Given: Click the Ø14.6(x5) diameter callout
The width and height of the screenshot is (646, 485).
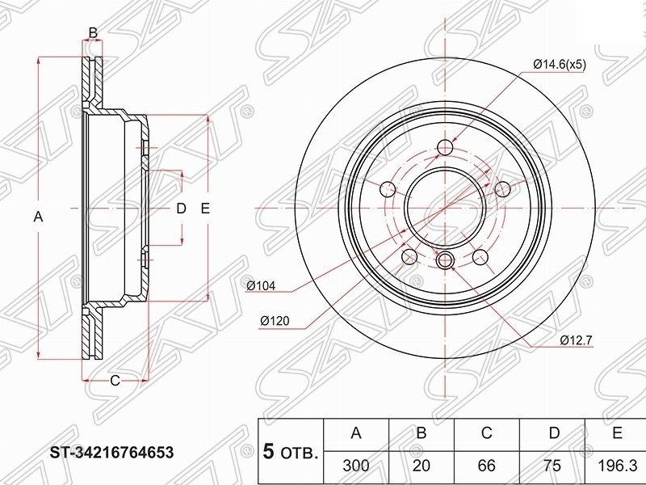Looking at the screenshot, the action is pos(559,65).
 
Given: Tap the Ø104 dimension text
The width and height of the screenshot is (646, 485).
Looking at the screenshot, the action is pos(261,285).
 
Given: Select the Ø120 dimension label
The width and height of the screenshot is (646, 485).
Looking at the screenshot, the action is pos(275,320).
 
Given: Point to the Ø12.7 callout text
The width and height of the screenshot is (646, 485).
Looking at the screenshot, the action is pos(576,340).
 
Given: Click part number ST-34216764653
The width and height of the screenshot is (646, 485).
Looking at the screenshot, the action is pos(112,453).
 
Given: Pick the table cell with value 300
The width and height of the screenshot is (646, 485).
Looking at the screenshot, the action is pos(356,466).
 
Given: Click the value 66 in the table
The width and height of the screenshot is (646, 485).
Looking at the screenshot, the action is pos(487,466).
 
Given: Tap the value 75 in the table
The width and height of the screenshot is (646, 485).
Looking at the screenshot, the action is pos(552,466).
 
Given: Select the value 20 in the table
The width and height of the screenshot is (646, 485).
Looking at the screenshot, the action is pos(421,466).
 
